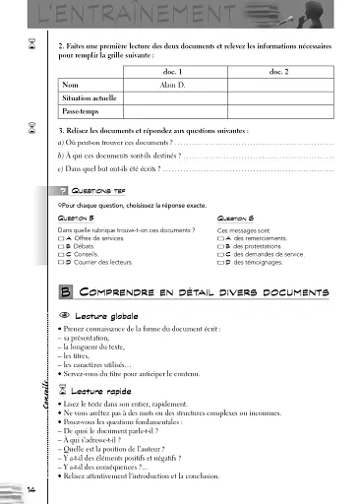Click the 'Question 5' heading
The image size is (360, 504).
77,219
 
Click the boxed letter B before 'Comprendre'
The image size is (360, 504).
65,292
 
